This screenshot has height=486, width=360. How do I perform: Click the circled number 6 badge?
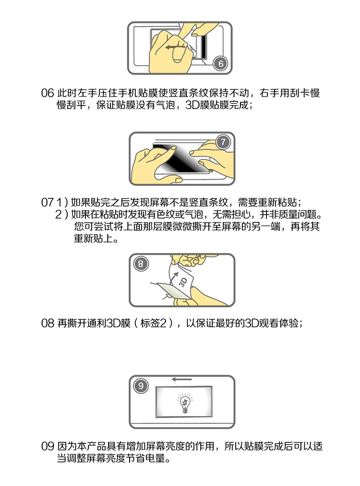click(221, 63)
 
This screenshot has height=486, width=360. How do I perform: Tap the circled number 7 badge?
click(223, 142)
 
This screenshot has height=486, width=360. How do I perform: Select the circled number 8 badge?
click(141, 264)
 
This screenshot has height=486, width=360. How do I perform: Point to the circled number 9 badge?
click(141, 386)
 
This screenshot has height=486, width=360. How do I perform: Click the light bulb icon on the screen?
click(185, 402)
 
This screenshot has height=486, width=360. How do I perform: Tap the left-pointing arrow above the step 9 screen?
click(182, 379)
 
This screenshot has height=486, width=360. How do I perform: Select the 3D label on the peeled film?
click(183, 282)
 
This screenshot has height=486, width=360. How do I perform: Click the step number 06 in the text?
click(48, 93)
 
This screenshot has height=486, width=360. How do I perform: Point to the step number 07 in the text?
click(48, 202)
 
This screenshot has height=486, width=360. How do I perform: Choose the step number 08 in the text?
click(48, 323)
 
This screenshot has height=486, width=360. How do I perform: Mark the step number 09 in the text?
click(48, 446)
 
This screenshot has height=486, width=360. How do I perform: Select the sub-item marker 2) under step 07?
click(61, 215)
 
